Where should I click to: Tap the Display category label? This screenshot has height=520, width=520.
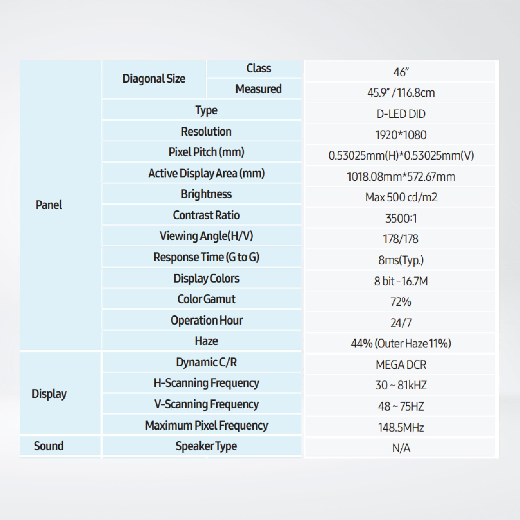(49, 394)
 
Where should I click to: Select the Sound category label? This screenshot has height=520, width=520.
(49, 446)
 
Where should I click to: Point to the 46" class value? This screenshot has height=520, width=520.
(401, 72)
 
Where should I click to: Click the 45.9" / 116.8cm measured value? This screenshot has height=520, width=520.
(401, 93)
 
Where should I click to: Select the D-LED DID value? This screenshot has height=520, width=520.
(401, 114)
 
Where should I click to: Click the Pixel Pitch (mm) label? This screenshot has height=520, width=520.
(207, 152)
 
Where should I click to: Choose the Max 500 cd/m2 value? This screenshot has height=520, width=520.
(401, 197)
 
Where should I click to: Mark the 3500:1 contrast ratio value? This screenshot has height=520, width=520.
(401, 218)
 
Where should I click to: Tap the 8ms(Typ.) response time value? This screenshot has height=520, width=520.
(401, 260)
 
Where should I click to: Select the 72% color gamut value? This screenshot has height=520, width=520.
(401, 302)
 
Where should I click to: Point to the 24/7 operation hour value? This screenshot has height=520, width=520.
(401, 323)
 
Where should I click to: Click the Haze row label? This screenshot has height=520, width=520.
(207, 341)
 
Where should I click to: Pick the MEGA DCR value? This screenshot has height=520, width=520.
(401, 365)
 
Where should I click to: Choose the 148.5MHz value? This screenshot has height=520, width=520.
(401, 427)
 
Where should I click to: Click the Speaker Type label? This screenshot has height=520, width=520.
(207, 446)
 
